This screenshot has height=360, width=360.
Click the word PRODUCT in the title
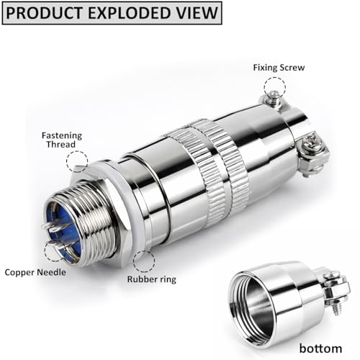click(x=44, y=13)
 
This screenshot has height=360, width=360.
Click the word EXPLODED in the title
click(x=132, y=13)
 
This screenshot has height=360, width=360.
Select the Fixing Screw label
click(x=279, y=68)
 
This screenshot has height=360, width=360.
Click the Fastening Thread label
click(x=62, y=140)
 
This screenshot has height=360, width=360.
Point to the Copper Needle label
click(x=35, y=272)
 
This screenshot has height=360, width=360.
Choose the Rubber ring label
click(x=152, y=279)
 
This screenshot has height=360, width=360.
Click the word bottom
click(x=320, y=348)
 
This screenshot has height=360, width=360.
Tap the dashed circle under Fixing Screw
click(x=275, y=78)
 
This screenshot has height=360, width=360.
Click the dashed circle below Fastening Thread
click(x=77, y=151)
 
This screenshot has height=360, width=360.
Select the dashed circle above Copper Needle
click(x=45, y=250)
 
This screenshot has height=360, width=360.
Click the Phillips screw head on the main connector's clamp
click(x=311, y=141)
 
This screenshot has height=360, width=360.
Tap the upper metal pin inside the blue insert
click(x=51, y=225)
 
